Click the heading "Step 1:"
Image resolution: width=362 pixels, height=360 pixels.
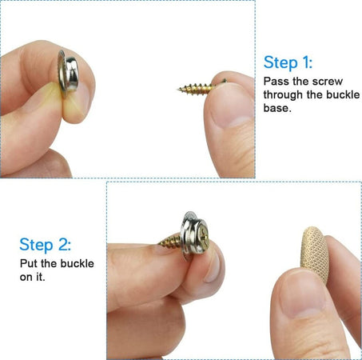tap(288, 62)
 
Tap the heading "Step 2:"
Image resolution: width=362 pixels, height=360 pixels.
tap(46, 245)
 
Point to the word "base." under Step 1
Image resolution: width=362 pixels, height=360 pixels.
tap(276, 108)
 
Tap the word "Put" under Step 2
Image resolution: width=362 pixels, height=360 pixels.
tap(29, 263)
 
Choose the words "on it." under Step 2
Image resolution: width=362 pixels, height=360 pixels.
tap(33, 277)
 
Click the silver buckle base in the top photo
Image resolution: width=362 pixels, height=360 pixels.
tap(68, 74)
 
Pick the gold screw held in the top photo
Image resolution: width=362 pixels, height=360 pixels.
tap(201, 86)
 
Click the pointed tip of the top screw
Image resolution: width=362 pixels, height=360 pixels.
tap(177, 89)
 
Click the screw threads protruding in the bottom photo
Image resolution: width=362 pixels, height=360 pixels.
tap(169, 242)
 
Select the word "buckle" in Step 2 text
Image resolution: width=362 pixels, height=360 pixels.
tap(78, 263)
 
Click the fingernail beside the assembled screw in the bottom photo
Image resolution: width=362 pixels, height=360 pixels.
tap(213, 266)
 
